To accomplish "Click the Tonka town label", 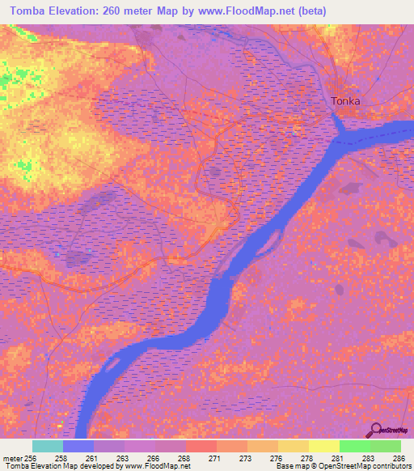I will [346, 102].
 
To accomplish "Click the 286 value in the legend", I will [398, 458].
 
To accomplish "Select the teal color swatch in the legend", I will [48, 446].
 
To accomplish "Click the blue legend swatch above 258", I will [78, 446].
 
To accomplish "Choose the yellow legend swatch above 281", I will [324, 446].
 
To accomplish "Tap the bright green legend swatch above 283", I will [355, 446].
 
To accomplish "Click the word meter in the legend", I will [12, 458].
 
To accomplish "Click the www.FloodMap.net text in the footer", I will [157, 467].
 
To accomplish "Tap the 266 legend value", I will [152, 458].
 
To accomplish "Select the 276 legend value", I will [275, 458].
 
